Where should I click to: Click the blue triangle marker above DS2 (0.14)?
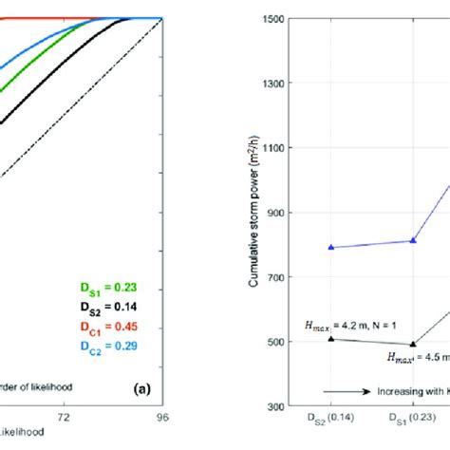pyautogui.click(x=330, y=247)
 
